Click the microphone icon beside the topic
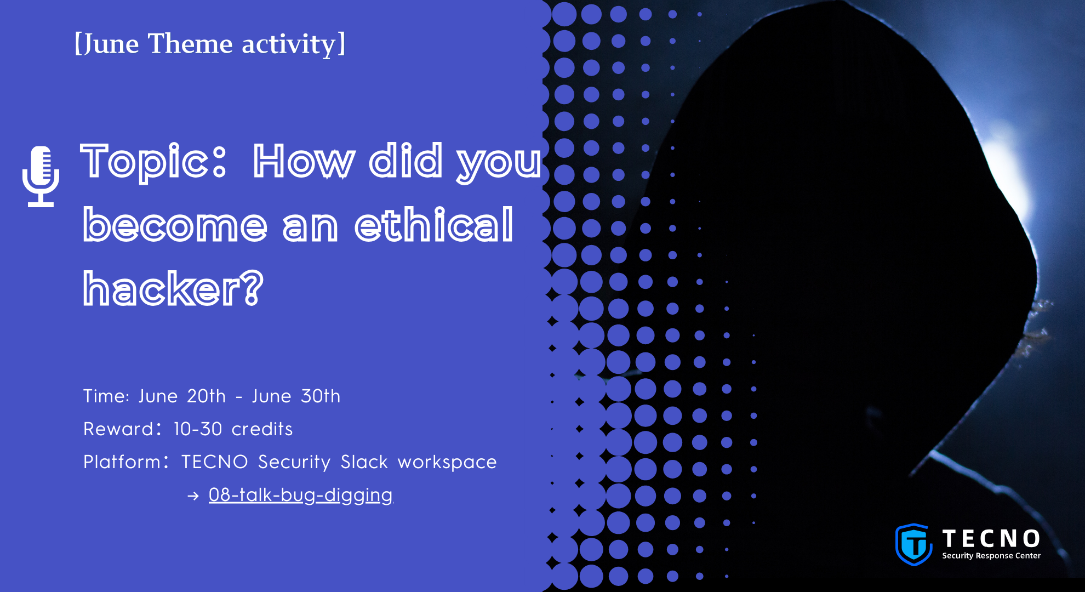[41, 177]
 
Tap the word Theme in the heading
[191, 44]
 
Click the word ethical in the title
[434, 225]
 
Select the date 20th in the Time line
[206, 396]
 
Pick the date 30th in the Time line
[321, 396]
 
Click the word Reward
[119, 429]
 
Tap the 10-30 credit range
[198, 429]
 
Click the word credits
[262, 429]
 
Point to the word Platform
[122, 462]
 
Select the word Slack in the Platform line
[364, 462]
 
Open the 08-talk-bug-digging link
[301, 495]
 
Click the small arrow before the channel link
[193, 496]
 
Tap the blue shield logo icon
[913, 544]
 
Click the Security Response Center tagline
[991, 555]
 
